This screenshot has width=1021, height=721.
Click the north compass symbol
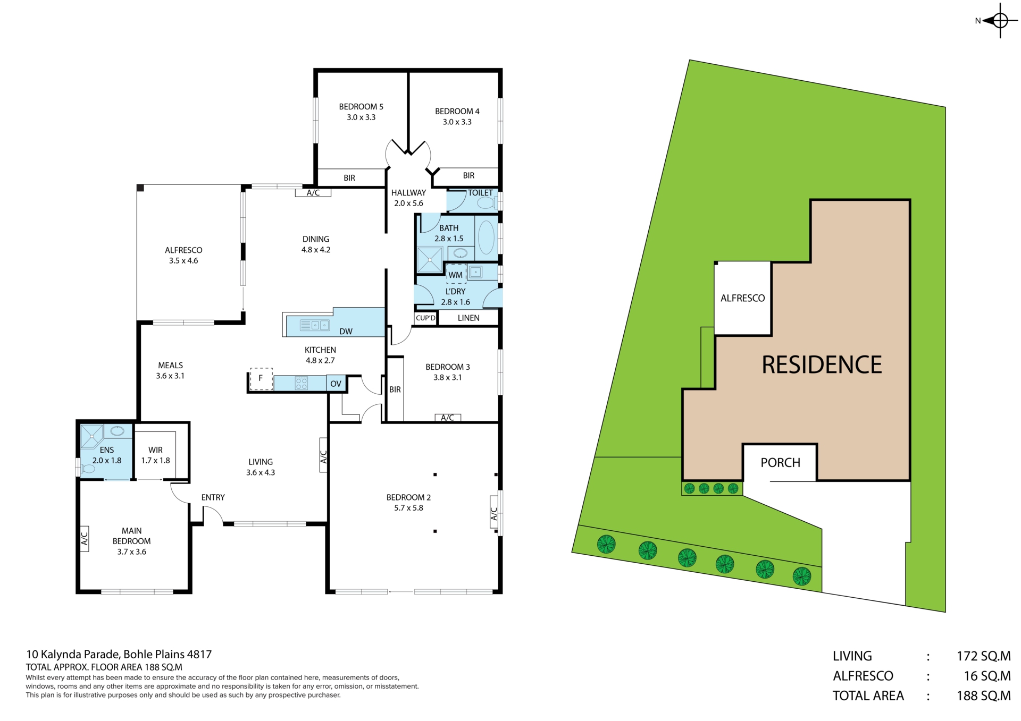click(x=1000, y=21)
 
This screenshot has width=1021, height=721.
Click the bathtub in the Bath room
click(x=486, y=237)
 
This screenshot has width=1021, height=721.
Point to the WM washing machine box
click(x=456, y=274)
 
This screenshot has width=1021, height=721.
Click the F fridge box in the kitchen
click(x=261, y=379)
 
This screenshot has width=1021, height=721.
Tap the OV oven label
click(x=336, y=384)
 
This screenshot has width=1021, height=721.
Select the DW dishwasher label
click(x=346, y=332)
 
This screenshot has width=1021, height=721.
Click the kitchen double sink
click(x=315, y=325)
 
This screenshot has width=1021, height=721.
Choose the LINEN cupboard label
click(x=468, y=318)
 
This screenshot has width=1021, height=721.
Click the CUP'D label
click(x=425, y=318)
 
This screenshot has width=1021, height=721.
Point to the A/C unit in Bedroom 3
click(x=448, y=418)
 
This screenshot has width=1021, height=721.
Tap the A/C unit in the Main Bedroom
click(x=84, y=539)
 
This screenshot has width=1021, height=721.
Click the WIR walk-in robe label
click(x=155, y=450)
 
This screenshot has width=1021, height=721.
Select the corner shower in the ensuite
click(x=91, y=436)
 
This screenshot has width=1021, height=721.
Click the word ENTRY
click(x=213, y=497)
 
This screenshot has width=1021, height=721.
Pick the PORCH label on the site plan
click(x=780, y=463)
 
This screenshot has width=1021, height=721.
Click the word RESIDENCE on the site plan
click(x=822, y=365)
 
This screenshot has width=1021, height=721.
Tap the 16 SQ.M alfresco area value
click(x=987, y=676)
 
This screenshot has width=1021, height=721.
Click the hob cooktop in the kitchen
click(x=302, y=383)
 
